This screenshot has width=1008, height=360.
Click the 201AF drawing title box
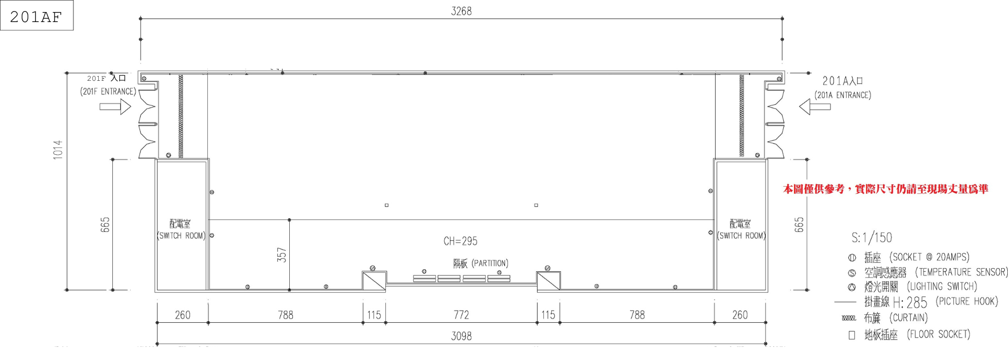tap(37, 15)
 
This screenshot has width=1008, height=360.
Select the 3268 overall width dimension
tap(461, 11)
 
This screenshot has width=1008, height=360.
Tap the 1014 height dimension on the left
tap(58, 150)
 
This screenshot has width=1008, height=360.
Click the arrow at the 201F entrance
tap(115, 107)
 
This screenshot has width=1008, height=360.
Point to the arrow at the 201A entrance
tap(815, 107)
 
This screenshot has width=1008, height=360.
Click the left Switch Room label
tap(181, 230)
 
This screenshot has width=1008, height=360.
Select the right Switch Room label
tap(741, 230)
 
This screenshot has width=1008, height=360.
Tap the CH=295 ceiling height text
tap(460, 241)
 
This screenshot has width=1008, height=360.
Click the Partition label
tap(481, 263)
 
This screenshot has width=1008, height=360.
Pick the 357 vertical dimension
tap(282, 255)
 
